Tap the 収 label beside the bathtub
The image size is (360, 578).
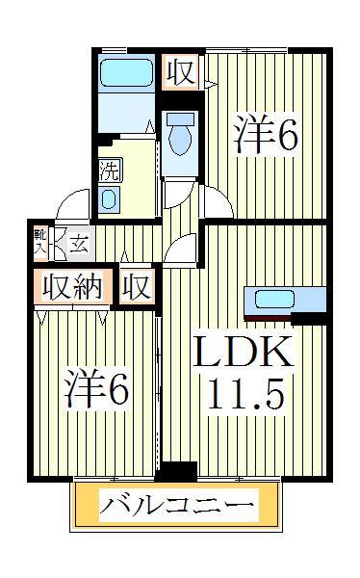pyautogui.click(x=179, y=72)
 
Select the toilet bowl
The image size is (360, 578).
pyautogui.click(x=180, y=137)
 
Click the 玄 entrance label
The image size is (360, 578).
pyautogui.click(x=79, y=244)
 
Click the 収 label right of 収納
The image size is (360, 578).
pyautogui.click(x=136, y=288)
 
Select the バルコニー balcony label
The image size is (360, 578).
pyautogui.click(x=179, y=503)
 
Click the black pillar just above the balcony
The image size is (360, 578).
pyautogui.click(x=176, y=471)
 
